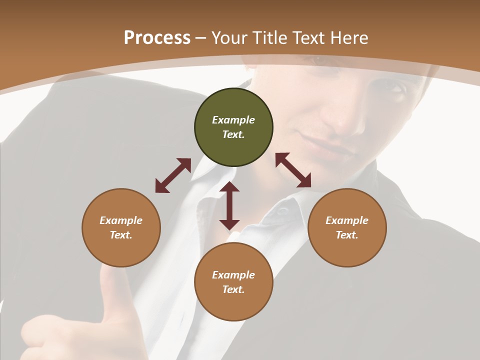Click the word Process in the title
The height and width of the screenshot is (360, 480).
tap(157, 38)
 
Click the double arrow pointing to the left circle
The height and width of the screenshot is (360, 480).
tap(173, 175)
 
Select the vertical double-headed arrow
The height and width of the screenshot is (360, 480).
tap(229, 205)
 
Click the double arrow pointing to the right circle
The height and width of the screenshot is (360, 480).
tap(293, 170)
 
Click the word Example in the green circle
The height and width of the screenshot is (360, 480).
tap(233, 120)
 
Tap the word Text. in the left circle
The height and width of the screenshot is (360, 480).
tap(121, 235)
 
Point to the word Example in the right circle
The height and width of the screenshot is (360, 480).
tap(347, 220)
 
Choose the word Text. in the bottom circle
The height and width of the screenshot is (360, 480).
tap(233, 289)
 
